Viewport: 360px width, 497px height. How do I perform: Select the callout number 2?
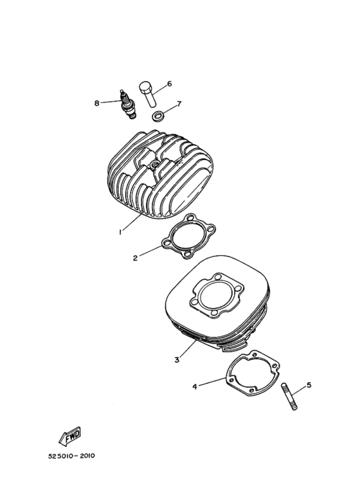(x=135, y=259)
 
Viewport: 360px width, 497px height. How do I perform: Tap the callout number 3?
(x=177, y=360)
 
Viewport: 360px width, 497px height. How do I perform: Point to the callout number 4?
(x=194, y=387)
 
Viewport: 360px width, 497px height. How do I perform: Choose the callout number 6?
(x=169, y=84)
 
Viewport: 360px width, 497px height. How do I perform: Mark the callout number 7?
(x=179, y=104)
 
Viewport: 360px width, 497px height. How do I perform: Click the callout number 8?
(x=96, y=103)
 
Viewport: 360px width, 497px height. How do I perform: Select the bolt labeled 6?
(x=147, y=94)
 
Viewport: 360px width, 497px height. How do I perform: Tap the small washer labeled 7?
(x=157, y=116)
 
